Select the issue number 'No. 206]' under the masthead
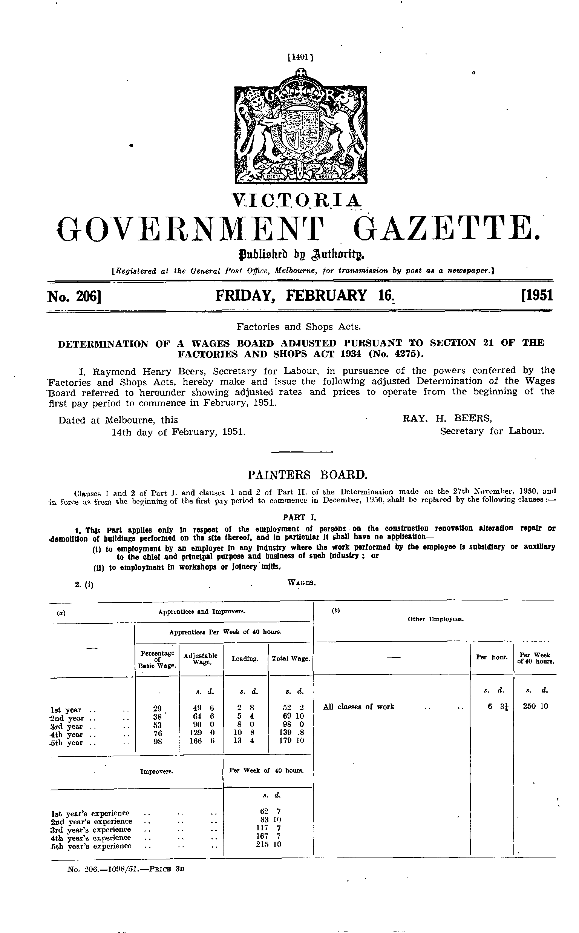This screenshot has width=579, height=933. pos(73,296)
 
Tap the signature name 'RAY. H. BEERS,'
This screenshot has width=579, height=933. pos(447,419)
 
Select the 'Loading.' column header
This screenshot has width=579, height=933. pos(245,659)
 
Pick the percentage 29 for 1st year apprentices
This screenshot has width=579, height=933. pos(157,709)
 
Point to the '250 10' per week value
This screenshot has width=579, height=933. pos(535,706)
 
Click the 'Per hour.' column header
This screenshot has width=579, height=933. pos(492,657)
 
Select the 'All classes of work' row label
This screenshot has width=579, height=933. pos(359,707)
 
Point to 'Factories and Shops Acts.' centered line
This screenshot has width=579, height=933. pos(299,327)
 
